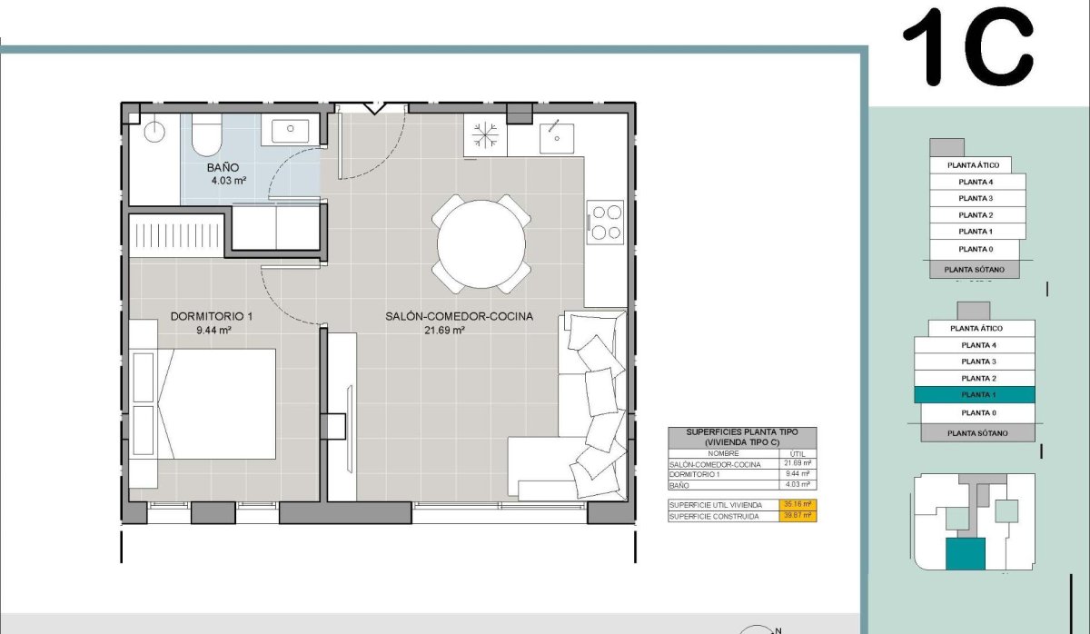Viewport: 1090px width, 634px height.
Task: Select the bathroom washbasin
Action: [x=290, y=129]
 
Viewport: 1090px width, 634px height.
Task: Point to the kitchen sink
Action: [x=554, y=138]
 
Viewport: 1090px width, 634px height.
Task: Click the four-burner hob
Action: [x=605, y=222]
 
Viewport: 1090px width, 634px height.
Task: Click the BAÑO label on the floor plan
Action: [x=223, y=167]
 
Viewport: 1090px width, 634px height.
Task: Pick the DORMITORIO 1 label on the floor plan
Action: [x=212, y=317]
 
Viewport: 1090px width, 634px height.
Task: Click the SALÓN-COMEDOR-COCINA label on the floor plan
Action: [x=459, y=317]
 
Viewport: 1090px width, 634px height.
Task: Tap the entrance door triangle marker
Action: [x=372, y=109]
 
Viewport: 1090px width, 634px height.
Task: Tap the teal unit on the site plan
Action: [x=965, y=554]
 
